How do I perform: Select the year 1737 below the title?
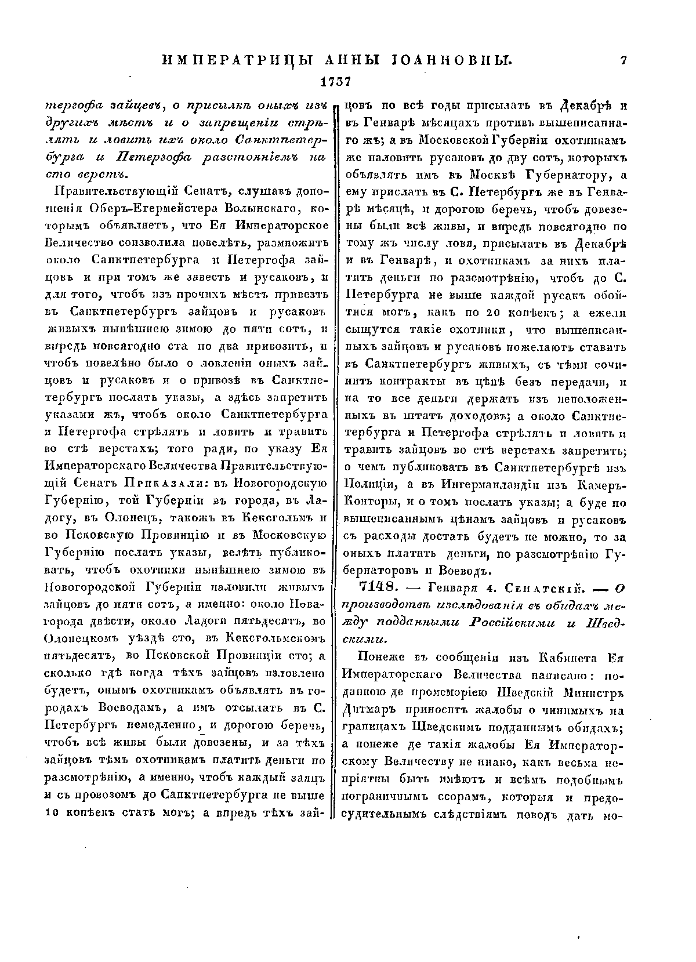336,81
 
